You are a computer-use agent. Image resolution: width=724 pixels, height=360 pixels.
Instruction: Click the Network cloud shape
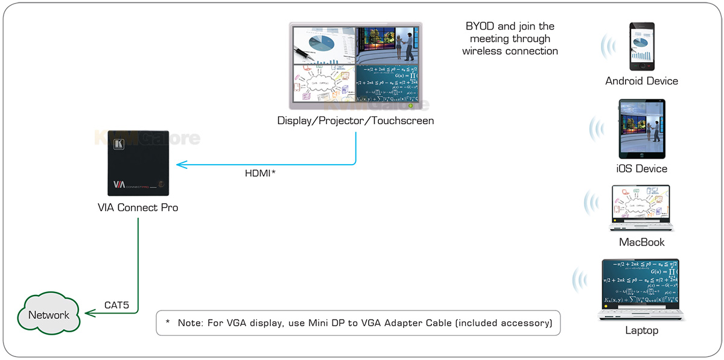49,314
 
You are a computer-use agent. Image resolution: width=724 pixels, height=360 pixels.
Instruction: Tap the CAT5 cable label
117,305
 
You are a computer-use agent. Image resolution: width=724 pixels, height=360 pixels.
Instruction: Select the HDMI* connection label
260,173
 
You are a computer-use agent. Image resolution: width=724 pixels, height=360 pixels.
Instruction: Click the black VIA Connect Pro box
138,163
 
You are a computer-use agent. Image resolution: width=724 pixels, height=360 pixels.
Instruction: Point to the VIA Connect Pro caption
138,207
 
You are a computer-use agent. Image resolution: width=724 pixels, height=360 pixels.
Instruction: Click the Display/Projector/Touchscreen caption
355,121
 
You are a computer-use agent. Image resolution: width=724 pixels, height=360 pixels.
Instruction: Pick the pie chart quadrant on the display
323,45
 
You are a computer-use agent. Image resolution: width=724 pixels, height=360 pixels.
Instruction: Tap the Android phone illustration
642,47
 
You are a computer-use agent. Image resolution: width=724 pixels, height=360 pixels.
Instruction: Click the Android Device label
642,81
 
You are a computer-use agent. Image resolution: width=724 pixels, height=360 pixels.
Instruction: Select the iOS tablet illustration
642,130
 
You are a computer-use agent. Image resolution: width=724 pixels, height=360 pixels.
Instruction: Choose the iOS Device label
642,168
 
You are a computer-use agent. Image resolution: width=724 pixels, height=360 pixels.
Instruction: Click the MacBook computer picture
642,209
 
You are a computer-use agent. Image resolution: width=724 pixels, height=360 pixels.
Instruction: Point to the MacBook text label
642,242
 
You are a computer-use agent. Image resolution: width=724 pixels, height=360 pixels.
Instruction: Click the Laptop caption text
642,330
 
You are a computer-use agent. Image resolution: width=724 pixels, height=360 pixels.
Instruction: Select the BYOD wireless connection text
510,39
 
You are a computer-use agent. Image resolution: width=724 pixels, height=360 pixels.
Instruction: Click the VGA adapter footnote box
358,323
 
